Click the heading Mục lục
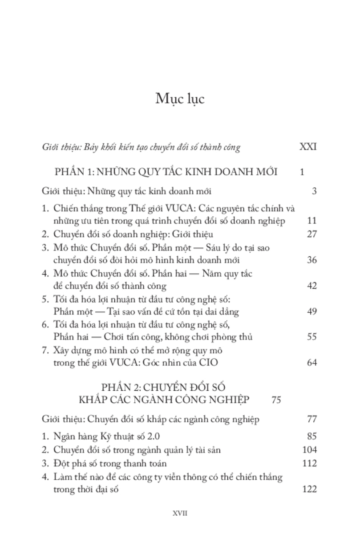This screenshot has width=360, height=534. click(180, 99)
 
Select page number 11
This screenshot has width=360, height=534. click(311, 221)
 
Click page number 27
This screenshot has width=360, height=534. click(311, 234)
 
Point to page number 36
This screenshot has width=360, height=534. click(311, 260)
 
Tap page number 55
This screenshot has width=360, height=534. click(311, 337)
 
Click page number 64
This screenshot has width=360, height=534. click(311, 363)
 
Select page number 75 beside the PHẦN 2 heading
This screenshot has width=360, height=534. click(276, 400)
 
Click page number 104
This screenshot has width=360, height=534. click(309, 449)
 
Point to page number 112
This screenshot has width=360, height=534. click(309, 464)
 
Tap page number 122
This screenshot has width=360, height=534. click(309, 489)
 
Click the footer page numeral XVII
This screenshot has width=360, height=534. click(180, 513)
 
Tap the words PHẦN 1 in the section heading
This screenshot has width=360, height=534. click(73, 172)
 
